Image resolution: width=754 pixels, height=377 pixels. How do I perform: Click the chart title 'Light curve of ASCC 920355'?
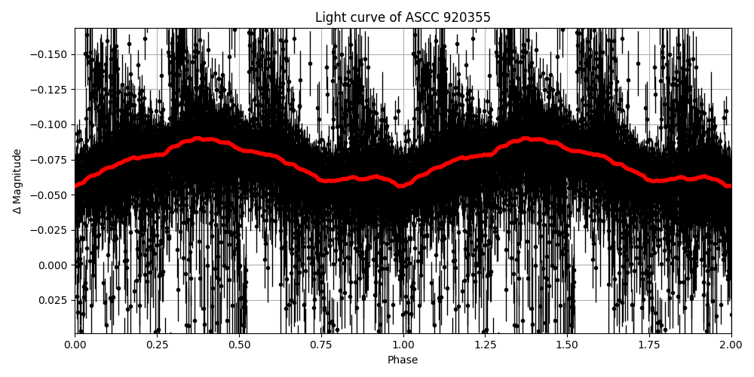403,17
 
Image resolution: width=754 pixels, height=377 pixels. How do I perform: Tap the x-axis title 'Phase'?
403,360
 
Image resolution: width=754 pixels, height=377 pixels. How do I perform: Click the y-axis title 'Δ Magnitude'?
17,181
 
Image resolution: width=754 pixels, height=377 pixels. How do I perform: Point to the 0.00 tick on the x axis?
75,345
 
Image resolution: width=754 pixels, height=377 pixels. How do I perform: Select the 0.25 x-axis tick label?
157,345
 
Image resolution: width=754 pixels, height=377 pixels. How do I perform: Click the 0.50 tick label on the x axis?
239,345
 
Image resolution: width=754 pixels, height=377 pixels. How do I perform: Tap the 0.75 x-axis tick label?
321,345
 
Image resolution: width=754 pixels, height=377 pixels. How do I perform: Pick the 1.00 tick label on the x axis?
403,345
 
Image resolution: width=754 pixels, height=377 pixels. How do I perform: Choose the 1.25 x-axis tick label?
485,345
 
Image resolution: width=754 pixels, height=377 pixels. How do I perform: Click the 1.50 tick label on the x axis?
567,345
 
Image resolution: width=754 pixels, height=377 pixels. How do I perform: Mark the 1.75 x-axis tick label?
649,345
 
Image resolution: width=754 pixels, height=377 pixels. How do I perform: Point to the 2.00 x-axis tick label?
731,345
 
